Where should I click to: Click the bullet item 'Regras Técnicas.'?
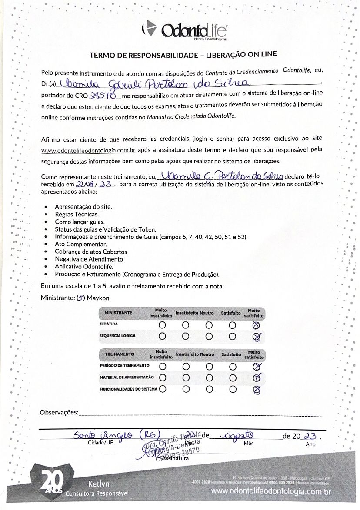[77, 214]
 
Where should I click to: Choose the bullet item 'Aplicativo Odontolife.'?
[84, 266]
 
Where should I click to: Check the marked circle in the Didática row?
[256, 325]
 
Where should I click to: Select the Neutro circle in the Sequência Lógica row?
[209, 336]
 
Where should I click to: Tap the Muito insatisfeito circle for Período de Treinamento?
[162, 366]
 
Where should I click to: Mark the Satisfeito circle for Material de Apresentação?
[232, 378]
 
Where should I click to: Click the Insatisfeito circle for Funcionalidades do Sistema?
[186, 389]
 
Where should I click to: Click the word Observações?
[59, 412]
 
